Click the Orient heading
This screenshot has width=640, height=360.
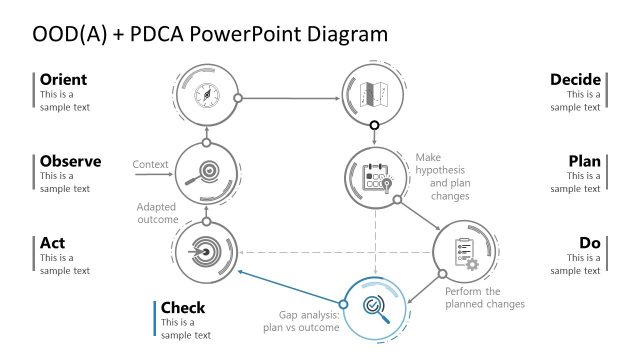[63, 79]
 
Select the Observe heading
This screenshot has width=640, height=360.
[69, 161]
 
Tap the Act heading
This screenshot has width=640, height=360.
[53, 242]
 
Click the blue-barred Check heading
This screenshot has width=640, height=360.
[183, 308]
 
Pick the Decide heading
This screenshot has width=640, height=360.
[575, 79]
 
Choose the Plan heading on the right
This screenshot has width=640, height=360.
[584, 161]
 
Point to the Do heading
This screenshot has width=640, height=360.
[589, 242]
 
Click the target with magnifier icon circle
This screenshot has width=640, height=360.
[206, 173]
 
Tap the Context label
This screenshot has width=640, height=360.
[150, 164]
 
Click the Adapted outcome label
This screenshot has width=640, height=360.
[157, 213]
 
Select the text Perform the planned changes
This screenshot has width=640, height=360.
[484, 297]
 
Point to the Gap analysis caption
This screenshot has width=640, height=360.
[302, 320]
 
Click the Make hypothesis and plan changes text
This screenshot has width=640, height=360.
[442, 176]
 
